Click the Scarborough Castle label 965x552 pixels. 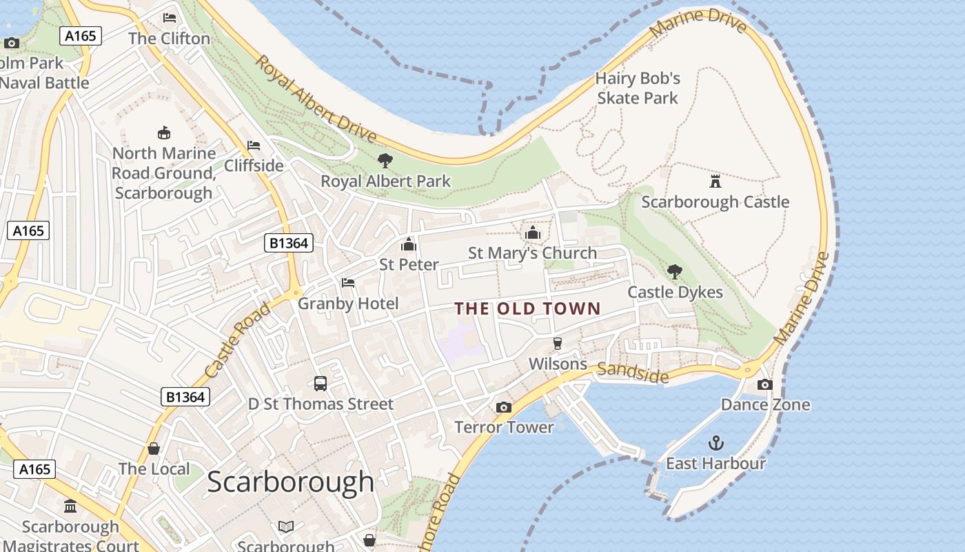[715, 202]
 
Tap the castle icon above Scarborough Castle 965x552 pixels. [715, 181]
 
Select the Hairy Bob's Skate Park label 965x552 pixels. [638, 88]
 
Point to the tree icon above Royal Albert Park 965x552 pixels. [385, 161]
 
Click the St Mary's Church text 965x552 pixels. [532, 253]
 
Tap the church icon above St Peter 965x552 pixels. [409, 244]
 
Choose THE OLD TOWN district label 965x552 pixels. [528, 308]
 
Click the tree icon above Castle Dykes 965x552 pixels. [675, 272]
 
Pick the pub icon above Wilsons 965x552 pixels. [558, 344]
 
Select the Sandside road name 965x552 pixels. [633, 373]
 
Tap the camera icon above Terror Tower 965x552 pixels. [504, 407]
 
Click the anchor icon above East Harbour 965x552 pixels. [716, 442]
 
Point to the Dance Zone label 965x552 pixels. [765, 404]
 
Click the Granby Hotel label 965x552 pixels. [348, 304]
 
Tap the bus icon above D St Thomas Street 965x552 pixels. [321, 384]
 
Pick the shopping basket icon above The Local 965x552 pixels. [154, 448]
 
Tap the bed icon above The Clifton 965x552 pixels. [170, 18]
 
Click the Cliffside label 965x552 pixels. [254, 166]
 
